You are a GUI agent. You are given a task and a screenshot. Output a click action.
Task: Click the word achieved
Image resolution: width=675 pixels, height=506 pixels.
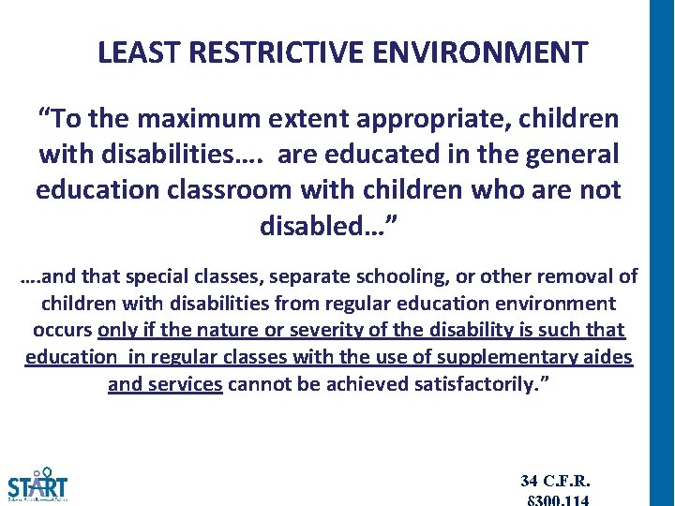tap(366, 384)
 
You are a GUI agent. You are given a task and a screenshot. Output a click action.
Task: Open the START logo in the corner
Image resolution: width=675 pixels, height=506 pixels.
tap(37, 485)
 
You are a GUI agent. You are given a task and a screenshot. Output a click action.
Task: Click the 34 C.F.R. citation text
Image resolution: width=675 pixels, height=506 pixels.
tap(555, 481)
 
